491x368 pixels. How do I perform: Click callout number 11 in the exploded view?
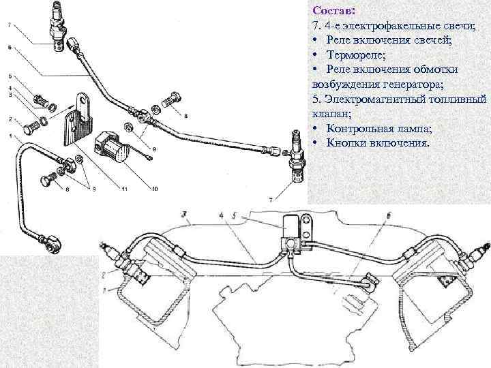pyautogui.click(x=123, y=187)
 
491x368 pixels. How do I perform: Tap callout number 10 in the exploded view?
pyautogui.click(x=155, y=187)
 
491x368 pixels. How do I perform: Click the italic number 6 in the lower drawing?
pyautogui.click(x=387, y=216)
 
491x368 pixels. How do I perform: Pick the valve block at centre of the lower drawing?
pyautogui.click(x=289, y=232)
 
